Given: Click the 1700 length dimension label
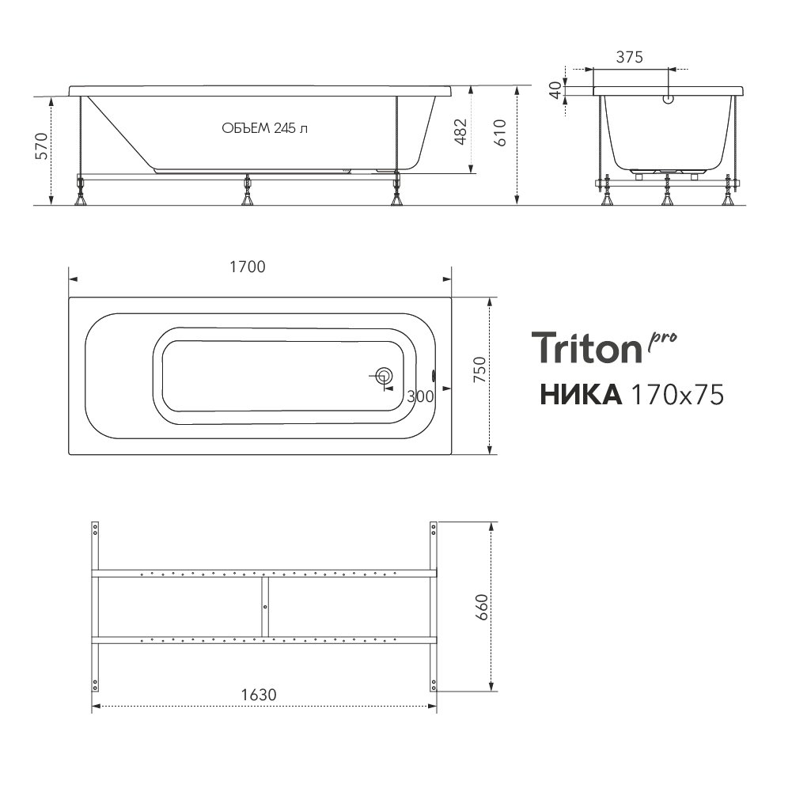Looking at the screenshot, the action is [248, 267].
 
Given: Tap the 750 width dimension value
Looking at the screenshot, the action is [479, 369].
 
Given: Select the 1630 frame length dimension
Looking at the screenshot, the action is [259, 695].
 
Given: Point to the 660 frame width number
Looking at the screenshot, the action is [482, 607].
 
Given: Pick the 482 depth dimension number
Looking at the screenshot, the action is [460, 132].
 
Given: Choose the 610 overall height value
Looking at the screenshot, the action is [499, 133].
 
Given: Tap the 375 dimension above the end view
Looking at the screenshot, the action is [629, 57].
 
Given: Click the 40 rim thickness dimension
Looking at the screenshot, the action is [555, 90].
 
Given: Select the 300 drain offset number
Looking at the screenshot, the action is [420, 396].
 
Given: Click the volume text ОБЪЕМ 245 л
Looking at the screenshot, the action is [265, 128].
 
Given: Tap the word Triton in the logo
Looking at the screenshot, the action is [586, 347].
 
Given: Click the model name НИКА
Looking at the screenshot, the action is [581, 395].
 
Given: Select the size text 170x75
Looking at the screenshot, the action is [677, 395].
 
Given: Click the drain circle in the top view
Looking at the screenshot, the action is [385, 376].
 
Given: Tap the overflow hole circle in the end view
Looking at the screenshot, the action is [669, 99].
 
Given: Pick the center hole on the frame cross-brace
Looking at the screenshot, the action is [265, 607].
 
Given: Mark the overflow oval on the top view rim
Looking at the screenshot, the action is [433, 376].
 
